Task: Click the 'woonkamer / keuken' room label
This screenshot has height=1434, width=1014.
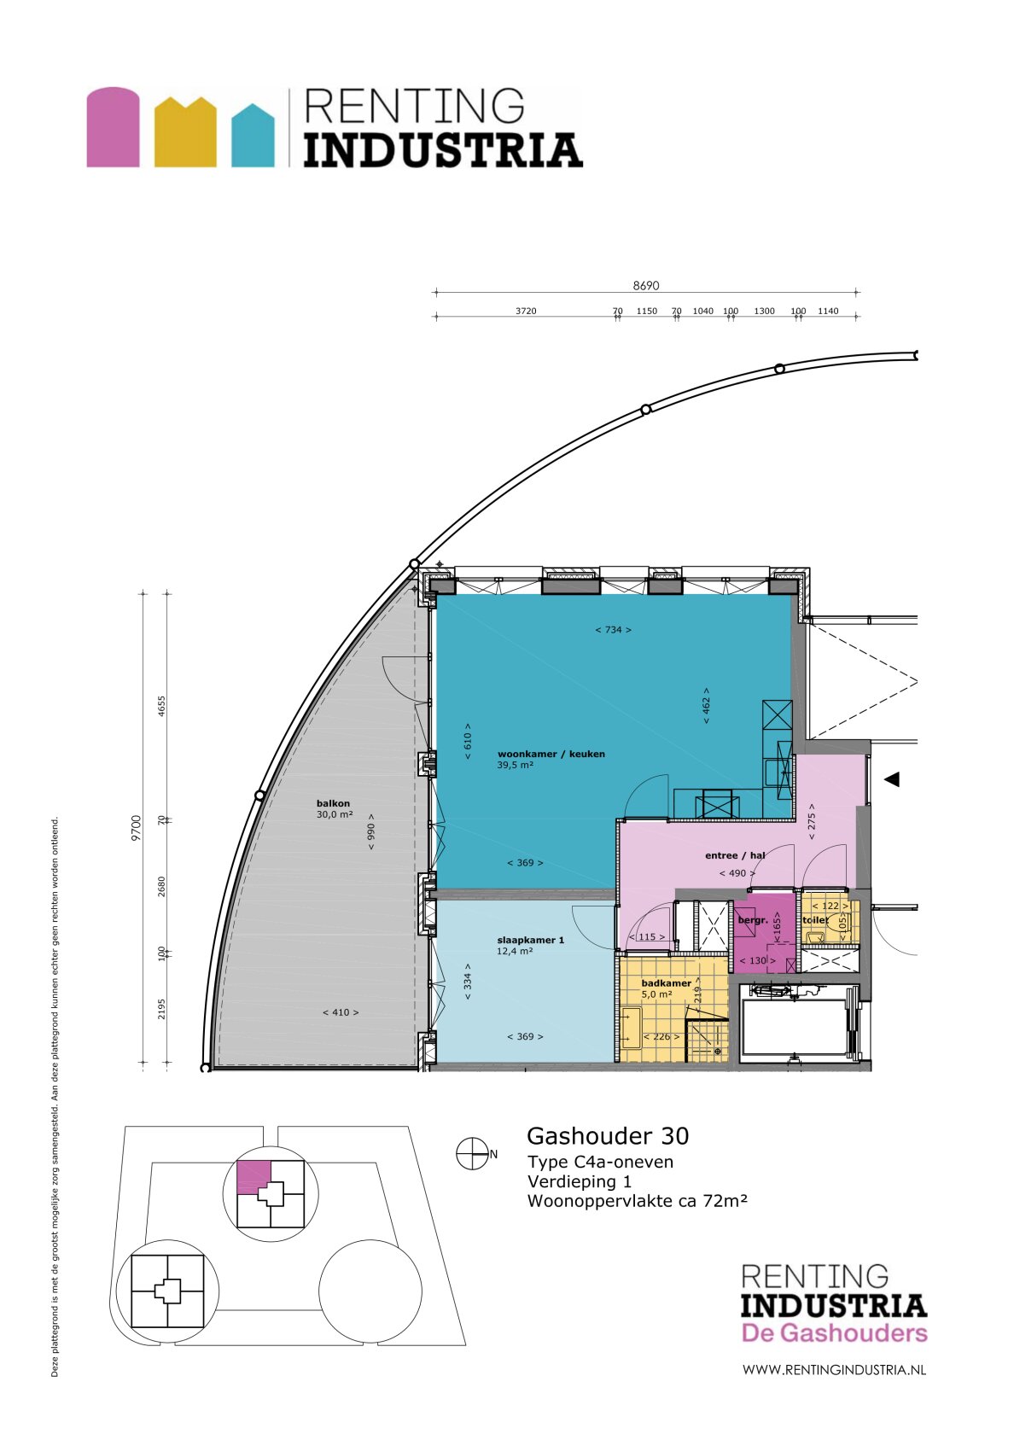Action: point(551,754)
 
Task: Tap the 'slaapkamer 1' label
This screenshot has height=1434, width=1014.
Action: point(530,940)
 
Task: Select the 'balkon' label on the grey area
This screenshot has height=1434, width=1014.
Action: point(333,803)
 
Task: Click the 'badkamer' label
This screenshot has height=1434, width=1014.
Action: point(666,983)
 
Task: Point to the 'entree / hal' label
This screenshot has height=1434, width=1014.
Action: point(734,855)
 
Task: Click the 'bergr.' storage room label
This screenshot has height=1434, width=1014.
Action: point(752,920)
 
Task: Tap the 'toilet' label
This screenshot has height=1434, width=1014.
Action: point(814,920)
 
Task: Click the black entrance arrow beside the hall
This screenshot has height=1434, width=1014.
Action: point(891,779)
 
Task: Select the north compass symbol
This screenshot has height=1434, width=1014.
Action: point(470,1154)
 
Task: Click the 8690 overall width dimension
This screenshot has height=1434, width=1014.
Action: point(645,286)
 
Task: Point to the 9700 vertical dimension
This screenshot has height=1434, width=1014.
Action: point(137,828)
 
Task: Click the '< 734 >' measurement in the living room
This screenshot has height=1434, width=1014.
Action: point(613,630)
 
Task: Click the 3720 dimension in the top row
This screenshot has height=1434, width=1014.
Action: point(526,311)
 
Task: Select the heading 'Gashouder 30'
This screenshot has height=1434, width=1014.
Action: point(607,1136)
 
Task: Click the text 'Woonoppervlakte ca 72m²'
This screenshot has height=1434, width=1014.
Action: point(637,1201)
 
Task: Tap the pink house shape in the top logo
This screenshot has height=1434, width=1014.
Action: point(113,127)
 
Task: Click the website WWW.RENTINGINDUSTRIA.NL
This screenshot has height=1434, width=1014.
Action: point(833,1370)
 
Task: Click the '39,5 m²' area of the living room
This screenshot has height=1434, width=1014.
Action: point(515,766)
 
